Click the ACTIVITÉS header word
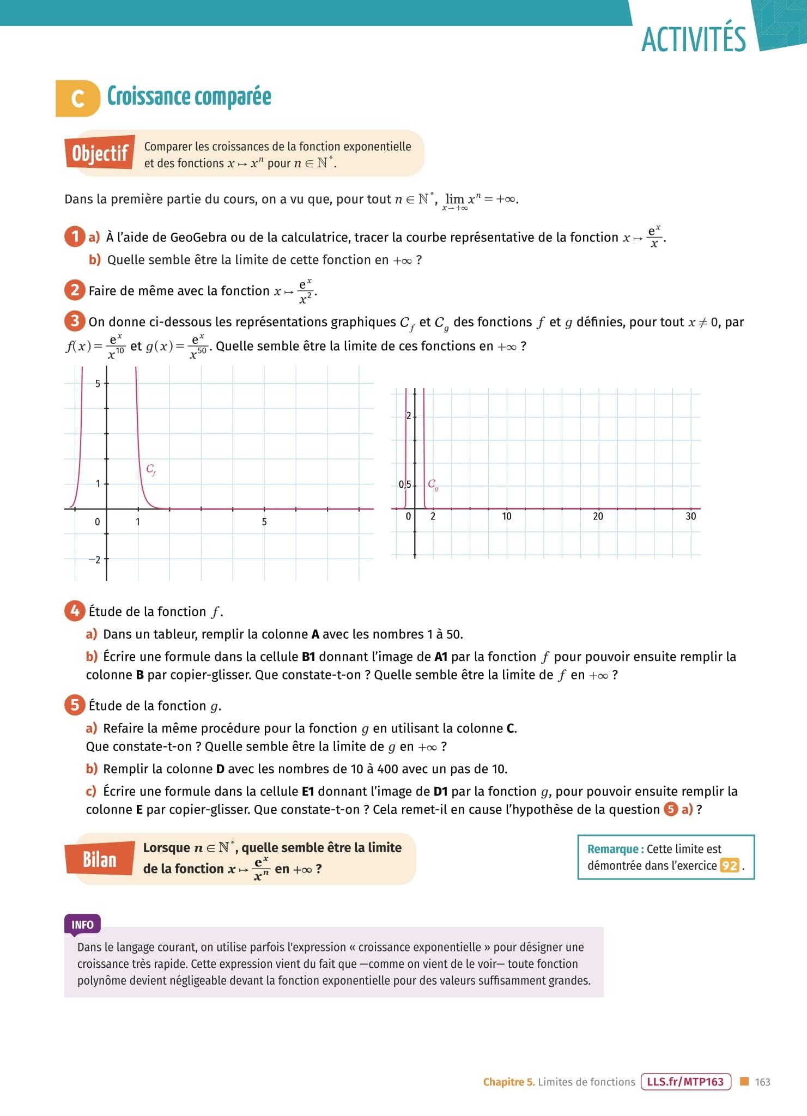coord(693,39)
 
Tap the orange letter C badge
coord(78,99)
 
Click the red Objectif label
coord(100,153)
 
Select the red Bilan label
coord(100,859)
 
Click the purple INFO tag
coord(82,925)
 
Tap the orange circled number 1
coord(75,237)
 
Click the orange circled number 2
coord(75,290)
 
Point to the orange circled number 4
coord(75,611)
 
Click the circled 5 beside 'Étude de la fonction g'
coord(75,705)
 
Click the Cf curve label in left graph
coord(151,470)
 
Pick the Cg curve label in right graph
coord(433,484)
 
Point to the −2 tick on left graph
coord(94,560)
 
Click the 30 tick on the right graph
coord(690,516)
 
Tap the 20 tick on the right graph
coord(598,516)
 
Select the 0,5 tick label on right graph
coord(404,484)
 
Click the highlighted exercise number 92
coord(729,866)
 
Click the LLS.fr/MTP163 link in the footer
coord(685,1082)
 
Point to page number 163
coord(762,1082)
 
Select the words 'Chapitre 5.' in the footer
coord(509,1082)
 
